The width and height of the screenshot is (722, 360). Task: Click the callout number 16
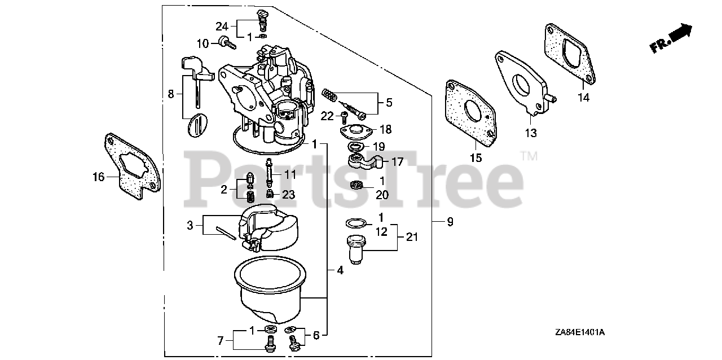click(99, 177)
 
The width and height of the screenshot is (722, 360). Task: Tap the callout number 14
click(583, 98)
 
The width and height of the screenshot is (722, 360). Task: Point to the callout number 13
click(531, 133)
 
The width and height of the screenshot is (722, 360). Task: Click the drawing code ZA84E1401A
click(579, 333)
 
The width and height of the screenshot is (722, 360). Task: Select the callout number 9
click(450, 222)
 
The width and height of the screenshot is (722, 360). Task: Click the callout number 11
click(289, 175)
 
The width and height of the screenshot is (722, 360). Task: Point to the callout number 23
click(288, 195)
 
